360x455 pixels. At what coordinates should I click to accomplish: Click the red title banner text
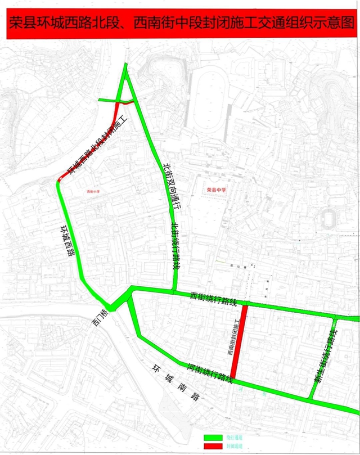(x=180, y=25)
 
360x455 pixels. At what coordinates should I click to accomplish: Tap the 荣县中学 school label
(x=215, y=190)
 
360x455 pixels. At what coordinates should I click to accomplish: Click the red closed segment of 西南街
(x=237, y=343)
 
